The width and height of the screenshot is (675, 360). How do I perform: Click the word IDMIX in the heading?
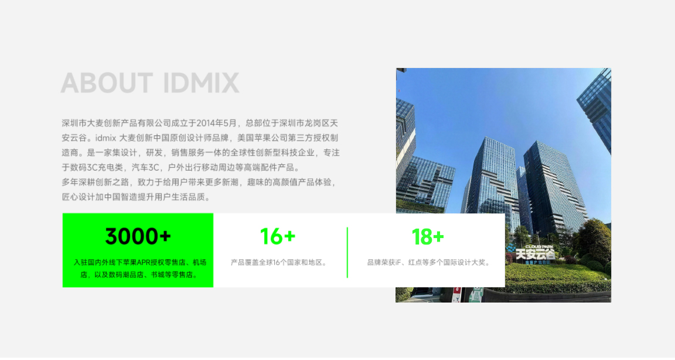coord(201,83)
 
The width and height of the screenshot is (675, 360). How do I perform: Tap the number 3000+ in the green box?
coord(138,236)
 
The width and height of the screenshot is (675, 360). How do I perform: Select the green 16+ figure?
coord(278,236)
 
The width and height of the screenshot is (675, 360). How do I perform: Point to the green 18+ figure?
coord(428,236)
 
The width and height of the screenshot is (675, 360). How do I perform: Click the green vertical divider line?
coord(347,253)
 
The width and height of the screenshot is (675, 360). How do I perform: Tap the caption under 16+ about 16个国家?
coord(278,262)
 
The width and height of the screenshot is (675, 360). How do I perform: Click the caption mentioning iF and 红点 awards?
coord(428,262)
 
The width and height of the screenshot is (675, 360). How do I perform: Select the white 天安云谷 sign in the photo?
coord(536,254)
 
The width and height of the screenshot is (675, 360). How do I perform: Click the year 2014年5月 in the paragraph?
coord(217,123)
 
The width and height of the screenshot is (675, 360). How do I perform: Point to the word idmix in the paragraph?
coord(106,138)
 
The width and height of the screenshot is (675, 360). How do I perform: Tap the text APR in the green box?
coord(143,262)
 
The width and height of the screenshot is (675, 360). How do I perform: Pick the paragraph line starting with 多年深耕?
coord(199,182)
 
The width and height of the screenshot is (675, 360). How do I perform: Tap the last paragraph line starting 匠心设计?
coord(136,197)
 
